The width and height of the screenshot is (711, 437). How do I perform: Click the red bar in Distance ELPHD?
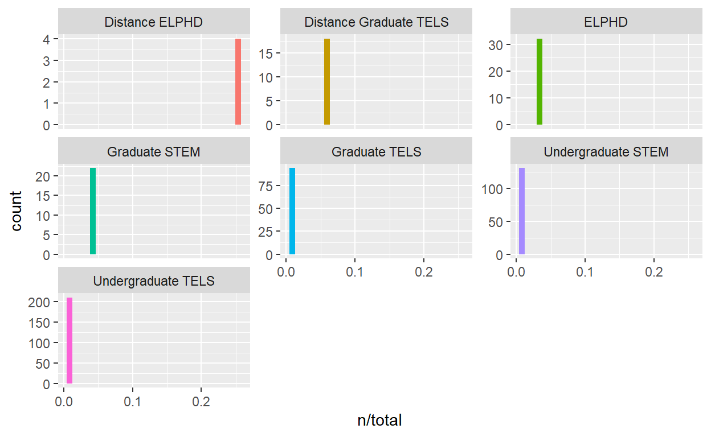(x=238, y=81)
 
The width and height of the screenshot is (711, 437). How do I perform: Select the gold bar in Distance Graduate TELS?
(x=327, y=81)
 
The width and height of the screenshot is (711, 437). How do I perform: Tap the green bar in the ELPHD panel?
(x=540, y=81)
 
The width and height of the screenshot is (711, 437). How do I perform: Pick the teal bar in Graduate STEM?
(x=93, y=211)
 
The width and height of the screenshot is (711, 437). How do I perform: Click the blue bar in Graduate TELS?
(x=292, y=211)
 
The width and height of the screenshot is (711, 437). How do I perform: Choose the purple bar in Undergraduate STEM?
(x=522, y=211)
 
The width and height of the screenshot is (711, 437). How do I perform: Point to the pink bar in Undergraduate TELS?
(x=70, y=340)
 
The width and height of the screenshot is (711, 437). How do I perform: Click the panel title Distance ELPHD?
(x=154, y=23)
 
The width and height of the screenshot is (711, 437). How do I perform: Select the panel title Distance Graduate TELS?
(x=377, y=23)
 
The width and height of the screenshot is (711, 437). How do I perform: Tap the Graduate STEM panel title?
(x=154, y=152)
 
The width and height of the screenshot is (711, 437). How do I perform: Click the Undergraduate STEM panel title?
(x=606, y=152)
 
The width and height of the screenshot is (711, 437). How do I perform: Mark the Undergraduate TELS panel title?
(x=154, y=281)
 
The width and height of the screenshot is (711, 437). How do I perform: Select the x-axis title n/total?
(x=379, y=421)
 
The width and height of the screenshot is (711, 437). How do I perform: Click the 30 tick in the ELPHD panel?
(x=497, y=45)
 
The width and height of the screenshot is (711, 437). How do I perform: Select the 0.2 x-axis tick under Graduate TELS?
(x=424, y=272)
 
